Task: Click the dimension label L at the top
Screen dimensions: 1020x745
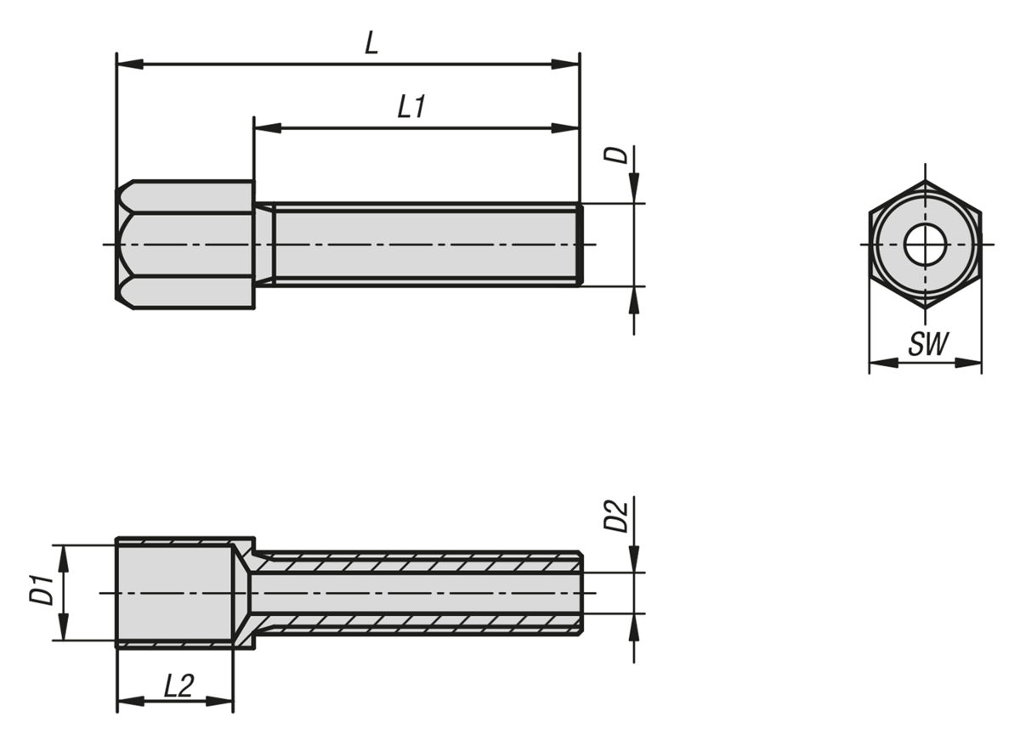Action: click(x=371, y=43)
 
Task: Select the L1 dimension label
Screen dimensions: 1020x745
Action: click(x=411, y=107)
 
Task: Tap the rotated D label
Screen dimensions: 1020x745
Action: click(x=615, y=155)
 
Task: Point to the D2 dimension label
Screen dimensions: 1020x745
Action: click(x=615, y=516)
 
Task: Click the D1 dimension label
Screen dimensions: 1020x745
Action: click(x=41, y=590)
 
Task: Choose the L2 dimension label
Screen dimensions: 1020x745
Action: click(x=179, y=686)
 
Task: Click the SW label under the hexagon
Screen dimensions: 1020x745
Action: click(x=929, y=343)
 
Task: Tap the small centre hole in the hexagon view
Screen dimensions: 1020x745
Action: click(x=926, y=245)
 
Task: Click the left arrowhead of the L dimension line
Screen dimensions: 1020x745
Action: click(x=130, y=65)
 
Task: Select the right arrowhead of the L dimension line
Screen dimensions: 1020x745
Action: click(x=565, y=65)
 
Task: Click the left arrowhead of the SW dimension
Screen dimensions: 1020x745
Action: click(x=883, y=363)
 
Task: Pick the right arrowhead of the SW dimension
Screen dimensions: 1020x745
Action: click(x=967, y=363)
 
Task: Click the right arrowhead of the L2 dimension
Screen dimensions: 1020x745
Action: click(x=219, y=702)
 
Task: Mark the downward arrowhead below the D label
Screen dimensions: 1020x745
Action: click(x=634, y=189)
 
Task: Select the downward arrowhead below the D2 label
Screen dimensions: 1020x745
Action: click(x=634, y=558)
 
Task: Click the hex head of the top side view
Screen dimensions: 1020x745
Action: click(x=185, y=245)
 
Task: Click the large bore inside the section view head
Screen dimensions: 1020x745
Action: click(x=175, y=593)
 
